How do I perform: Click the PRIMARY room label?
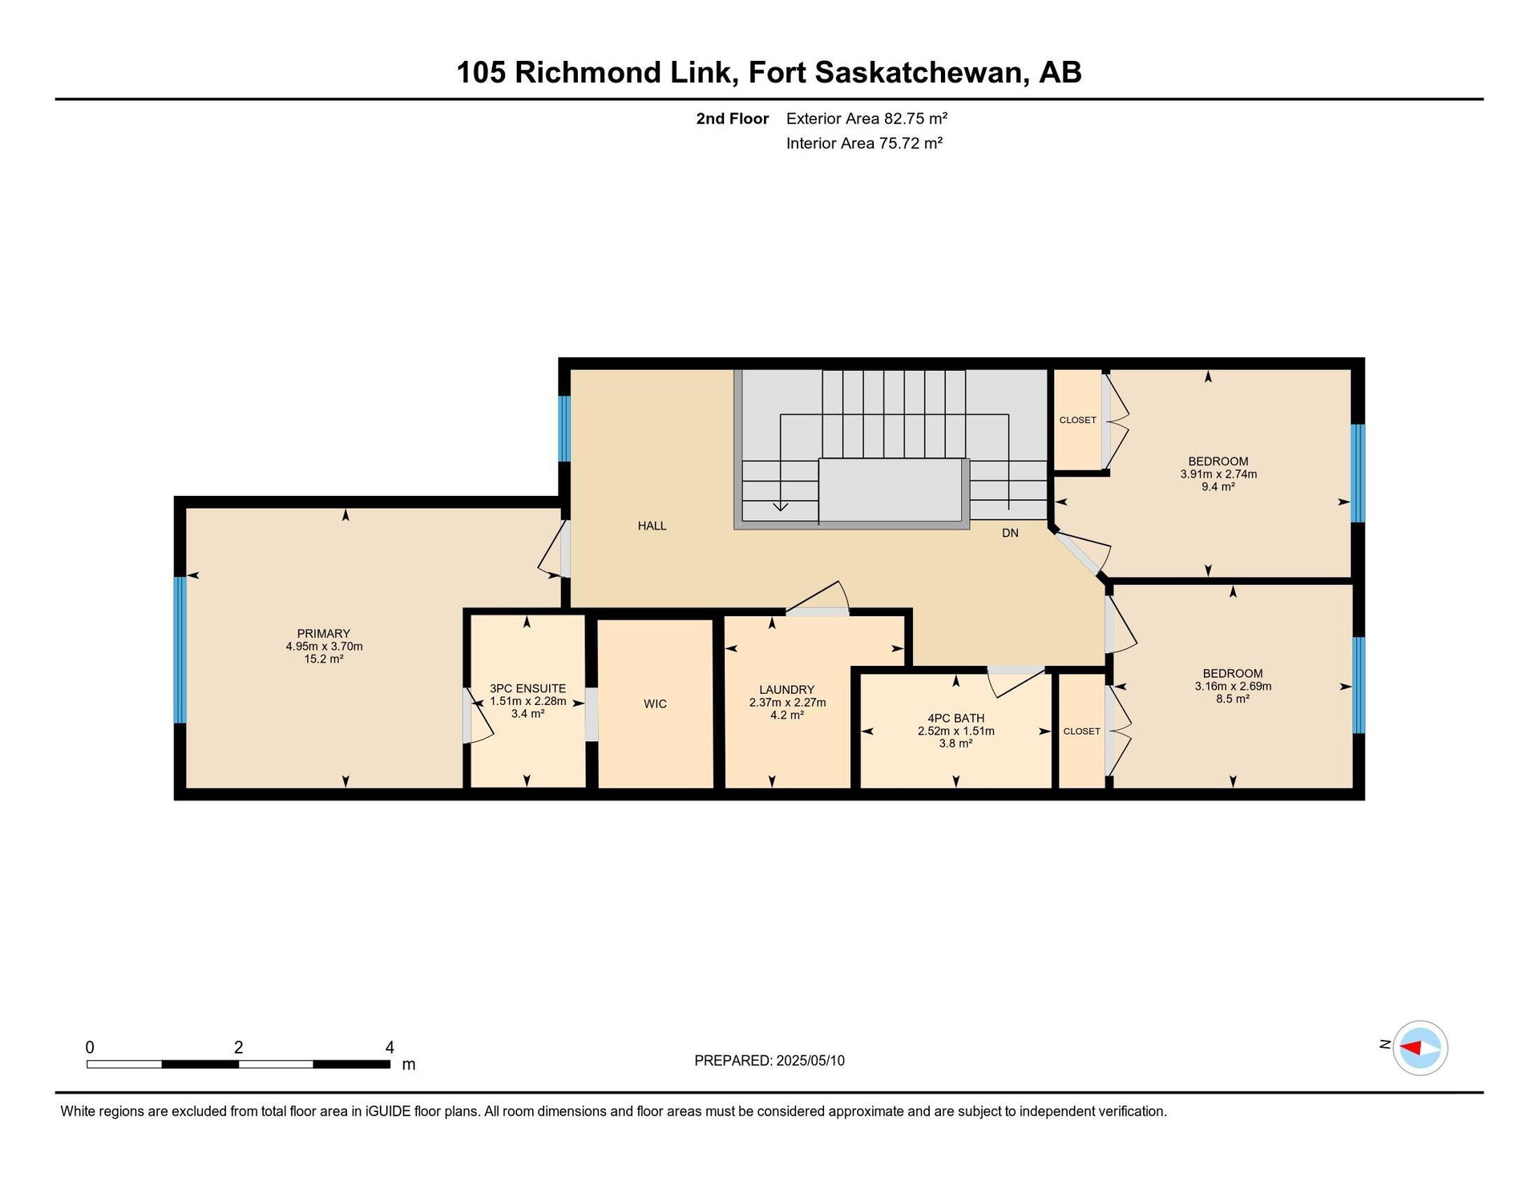click(324, 633)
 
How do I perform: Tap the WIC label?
click(655, 703)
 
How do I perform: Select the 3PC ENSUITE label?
click(527, 688)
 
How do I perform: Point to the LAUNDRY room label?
click(786, 689)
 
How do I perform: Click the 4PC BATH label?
click(955, 718)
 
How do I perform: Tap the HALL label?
click(652, 526)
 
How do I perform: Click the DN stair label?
click(1010, 533)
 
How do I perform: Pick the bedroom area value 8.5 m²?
click(1233, 699)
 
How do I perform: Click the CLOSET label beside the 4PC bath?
click(1081, 731)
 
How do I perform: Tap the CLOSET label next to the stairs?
click(1077, 420)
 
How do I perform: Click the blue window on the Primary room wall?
click(180, 650)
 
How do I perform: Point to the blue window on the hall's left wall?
click(564, 429)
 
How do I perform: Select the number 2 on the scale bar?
click(238, 1047)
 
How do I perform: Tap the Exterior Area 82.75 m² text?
click(866, 119)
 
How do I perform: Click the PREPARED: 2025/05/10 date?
click(769, 1060)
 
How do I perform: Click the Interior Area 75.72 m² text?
click(864, 143)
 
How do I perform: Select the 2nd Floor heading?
click(732, 119)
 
